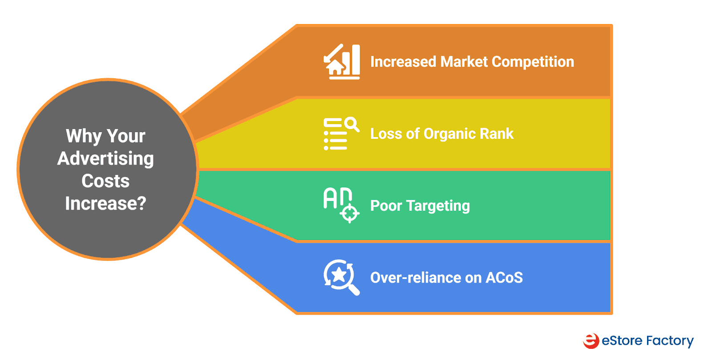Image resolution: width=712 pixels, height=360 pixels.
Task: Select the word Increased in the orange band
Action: click(x=403, y=62)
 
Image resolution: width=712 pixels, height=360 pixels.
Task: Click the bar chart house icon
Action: click(x=341, y=62)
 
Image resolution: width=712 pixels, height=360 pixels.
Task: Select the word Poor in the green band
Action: click(x=386, y=206)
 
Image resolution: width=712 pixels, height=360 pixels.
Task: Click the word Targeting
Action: click(x=438, y=206)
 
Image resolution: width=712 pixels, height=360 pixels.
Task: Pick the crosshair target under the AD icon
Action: click(x=349, y=214)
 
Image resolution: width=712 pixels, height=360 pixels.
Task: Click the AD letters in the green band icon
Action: click(x=337, y=198)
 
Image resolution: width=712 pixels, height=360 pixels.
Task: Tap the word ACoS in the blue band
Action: click(x=504, y=278)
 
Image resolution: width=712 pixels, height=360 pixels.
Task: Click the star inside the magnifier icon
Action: click(x=339, y=275)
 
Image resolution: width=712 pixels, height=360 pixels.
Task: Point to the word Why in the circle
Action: click(x=84, y=136)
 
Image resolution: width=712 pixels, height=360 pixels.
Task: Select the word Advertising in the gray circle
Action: click(x=105, y=158)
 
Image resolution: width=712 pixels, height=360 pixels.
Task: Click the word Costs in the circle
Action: click(x=105, y=181)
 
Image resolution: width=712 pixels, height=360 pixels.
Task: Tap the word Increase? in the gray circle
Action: click(x=105, y=203)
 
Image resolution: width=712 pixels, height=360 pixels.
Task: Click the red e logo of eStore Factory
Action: click(x=591, y=341)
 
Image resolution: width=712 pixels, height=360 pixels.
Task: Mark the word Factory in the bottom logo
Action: click(x=670, y=341)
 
